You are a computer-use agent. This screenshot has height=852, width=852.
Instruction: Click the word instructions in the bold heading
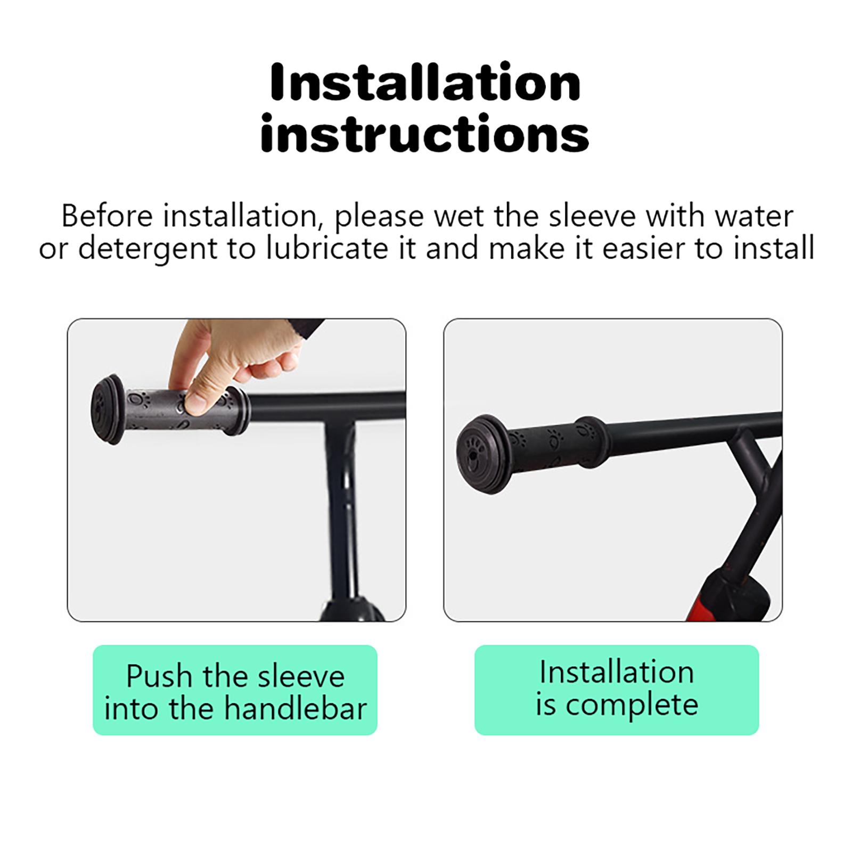coord(425,133)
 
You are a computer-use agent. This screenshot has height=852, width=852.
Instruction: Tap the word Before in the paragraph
coord(107,216)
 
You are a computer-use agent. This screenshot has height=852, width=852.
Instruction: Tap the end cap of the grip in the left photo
coord(109,409)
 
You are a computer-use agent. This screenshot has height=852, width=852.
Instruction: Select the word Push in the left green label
coord(159,676)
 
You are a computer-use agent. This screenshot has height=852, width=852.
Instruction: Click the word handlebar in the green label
coord(296,709)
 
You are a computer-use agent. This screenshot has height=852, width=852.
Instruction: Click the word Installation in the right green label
coord(617,672)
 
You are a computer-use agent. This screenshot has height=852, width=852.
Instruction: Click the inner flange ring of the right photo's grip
coord(591,442)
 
